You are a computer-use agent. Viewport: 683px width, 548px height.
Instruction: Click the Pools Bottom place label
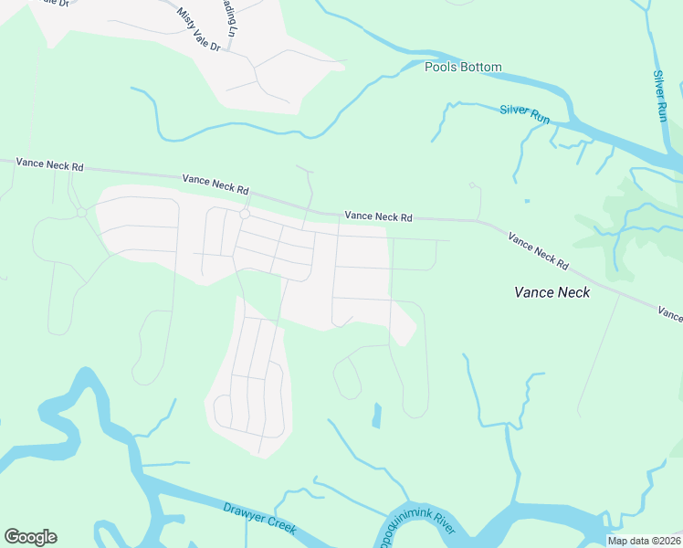click(463, 67)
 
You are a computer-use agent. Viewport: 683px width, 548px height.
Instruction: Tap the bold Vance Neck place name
click(552, 292)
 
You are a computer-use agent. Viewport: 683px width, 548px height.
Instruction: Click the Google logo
click(30, 537)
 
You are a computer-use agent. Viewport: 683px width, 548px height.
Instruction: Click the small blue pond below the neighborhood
click(376, 416)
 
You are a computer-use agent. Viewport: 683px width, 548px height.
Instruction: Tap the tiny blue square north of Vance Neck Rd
click(527, 201)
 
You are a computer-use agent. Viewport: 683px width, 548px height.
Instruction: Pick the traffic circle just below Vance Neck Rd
click(245, 214)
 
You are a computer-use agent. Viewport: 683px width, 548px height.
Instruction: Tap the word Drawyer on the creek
click(243, 512)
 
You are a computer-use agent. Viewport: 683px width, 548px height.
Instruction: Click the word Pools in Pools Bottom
click(439, 67)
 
